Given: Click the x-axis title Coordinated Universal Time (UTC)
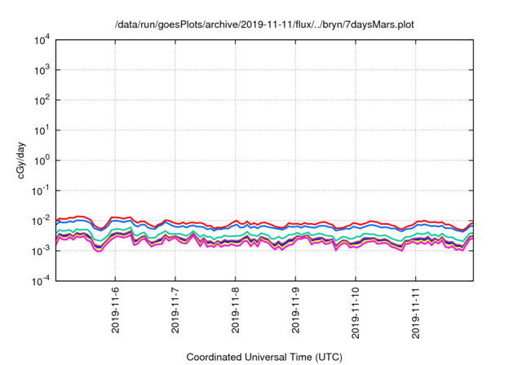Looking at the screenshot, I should coord(264,357).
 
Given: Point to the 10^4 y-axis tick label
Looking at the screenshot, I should coord(42,40).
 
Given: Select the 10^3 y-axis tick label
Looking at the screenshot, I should coord(42,70).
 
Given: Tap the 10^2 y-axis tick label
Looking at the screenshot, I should coord(42,100).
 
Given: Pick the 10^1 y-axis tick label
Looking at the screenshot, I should coord(42,130).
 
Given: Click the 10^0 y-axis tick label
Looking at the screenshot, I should coord(42,161).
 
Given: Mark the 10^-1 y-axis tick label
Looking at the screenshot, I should coord(42,191).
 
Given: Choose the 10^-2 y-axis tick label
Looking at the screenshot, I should coord(42,221).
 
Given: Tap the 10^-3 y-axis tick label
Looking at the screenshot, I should coord(42,251).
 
